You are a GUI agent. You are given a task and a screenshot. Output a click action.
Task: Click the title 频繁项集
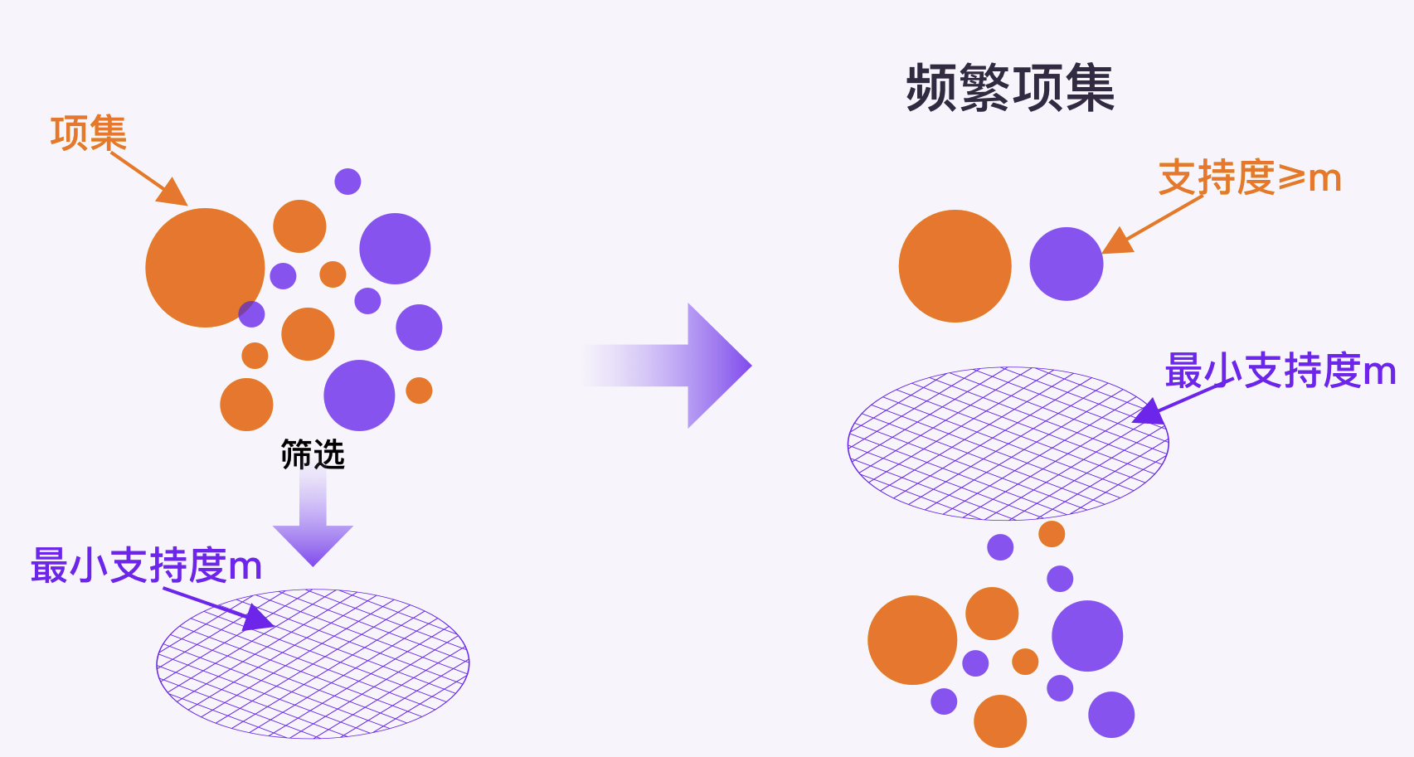(x=1010, y=88)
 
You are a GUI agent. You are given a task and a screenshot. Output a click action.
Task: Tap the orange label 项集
(x=88, y=133)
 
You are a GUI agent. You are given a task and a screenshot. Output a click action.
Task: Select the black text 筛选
(x=312, y=454)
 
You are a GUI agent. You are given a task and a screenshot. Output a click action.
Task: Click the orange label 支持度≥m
(x=1249, y=177)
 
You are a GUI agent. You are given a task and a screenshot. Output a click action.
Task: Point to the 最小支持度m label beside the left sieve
(x=146, y=565)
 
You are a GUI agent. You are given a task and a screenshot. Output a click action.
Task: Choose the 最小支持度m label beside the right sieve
(x=1280, y=371)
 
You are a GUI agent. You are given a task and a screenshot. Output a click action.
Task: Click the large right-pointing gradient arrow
(x=680, y=366)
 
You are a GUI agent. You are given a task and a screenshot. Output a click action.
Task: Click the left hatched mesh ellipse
(x=313, y=663)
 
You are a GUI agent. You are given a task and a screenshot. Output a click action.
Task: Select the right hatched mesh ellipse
(x=1008, y=444)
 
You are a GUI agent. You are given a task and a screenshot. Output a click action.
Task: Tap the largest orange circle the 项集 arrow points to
(x=203, y=267)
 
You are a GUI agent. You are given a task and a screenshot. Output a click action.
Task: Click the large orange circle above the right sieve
(x=955, y=266)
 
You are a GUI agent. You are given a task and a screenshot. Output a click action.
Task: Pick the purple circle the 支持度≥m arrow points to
(x=1066, y=264)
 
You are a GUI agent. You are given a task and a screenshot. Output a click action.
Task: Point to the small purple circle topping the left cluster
(x=347, y=182)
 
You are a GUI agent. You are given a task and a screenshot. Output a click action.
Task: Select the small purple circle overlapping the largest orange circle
(x=251, y=314)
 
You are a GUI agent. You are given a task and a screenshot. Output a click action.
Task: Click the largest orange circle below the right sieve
(x=912, y=639)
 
